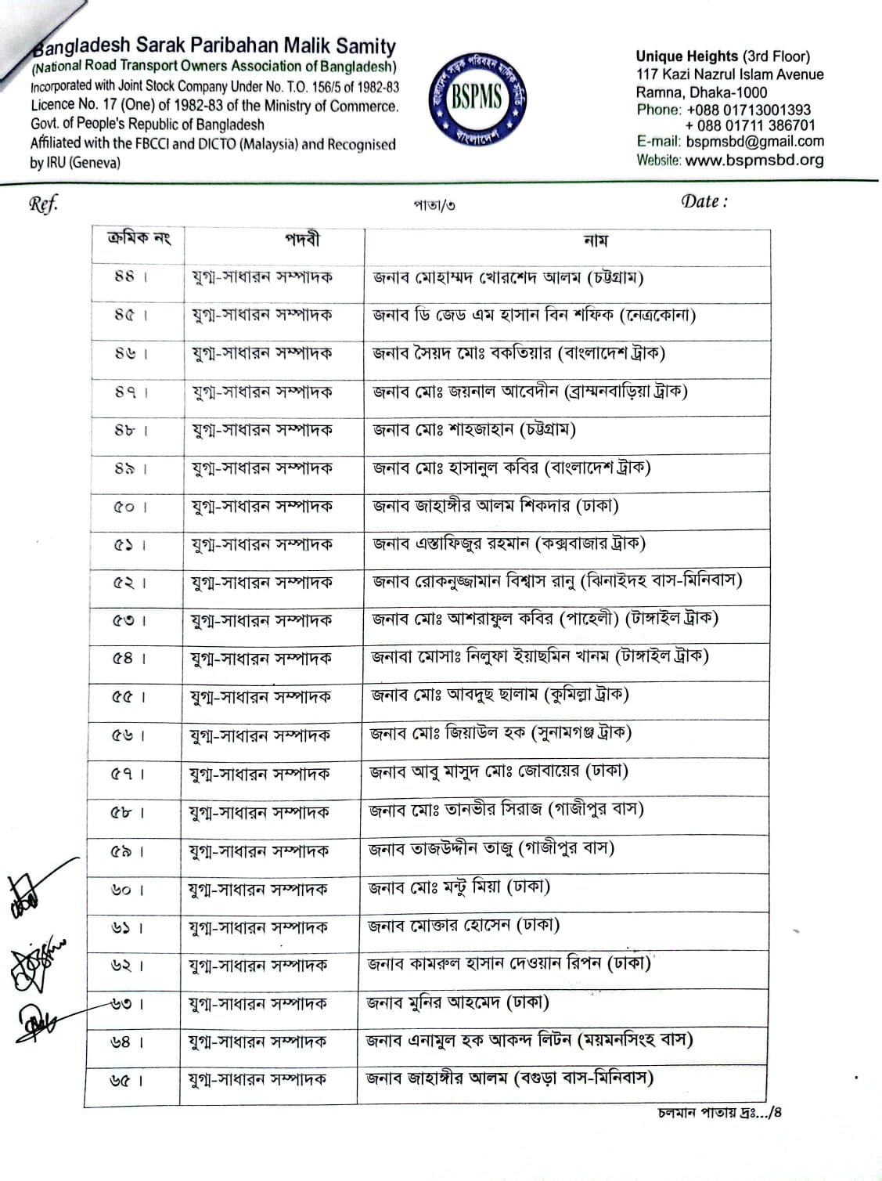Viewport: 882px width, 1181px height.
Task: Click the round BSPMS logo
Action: pos(476,100)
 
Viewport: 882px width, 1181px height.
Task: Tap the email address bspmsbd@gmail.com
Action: pos(755,142)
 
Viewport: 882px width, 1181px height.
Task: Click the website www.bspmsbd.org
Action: pos(754,161)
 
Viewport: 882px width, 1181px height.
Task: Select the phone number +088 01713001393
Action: pos(749,110)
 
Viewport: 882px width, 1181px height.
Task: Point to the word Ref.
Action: pos(43,204)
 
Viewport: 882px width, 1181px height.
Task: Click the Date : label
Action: pos(704,202)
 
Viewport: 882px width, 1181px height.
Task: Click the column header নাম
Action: pos(595,241)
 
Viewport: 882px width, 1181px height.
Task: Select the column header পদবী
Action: pos(302,240)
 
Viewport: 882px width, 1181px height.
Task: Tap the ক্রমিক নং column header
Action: pos(139,238)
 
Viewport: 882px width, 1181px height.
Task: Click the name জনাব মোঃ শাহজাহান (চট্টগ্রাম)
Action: pos(474,430)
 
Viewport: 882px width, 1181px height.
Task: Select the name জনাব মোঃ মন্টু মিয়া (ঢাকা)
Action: pos(459,887)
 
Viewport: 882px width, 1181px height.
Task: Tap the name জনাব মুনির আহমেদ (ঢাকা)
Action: pos(458,1002)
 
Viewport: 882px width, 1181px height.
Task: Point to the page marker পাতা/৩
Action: pos(434,206)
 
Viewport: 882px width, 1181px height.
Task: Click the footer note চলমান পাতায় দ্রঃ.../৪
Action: pos(719,1113)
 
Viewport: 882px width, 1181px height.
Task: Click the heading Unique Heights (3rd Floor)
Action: pos(722,56)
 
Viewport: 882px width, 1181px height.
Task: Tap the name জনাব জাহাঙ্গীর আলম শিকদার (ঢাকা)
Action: pos(496,507)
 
